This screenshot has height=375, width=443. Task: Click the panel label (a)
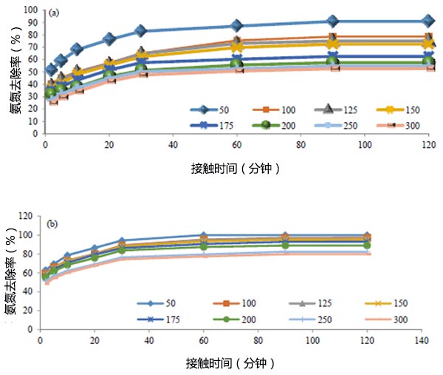coord(53,13)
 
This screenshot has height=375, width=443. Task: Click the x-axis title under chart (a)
coord(233,169)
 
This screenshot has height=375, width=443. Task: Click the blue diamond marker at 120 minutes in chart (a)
coord(427,21)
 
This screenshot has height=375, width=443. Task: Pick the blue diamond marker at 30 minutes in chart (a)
coord(140,31)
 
